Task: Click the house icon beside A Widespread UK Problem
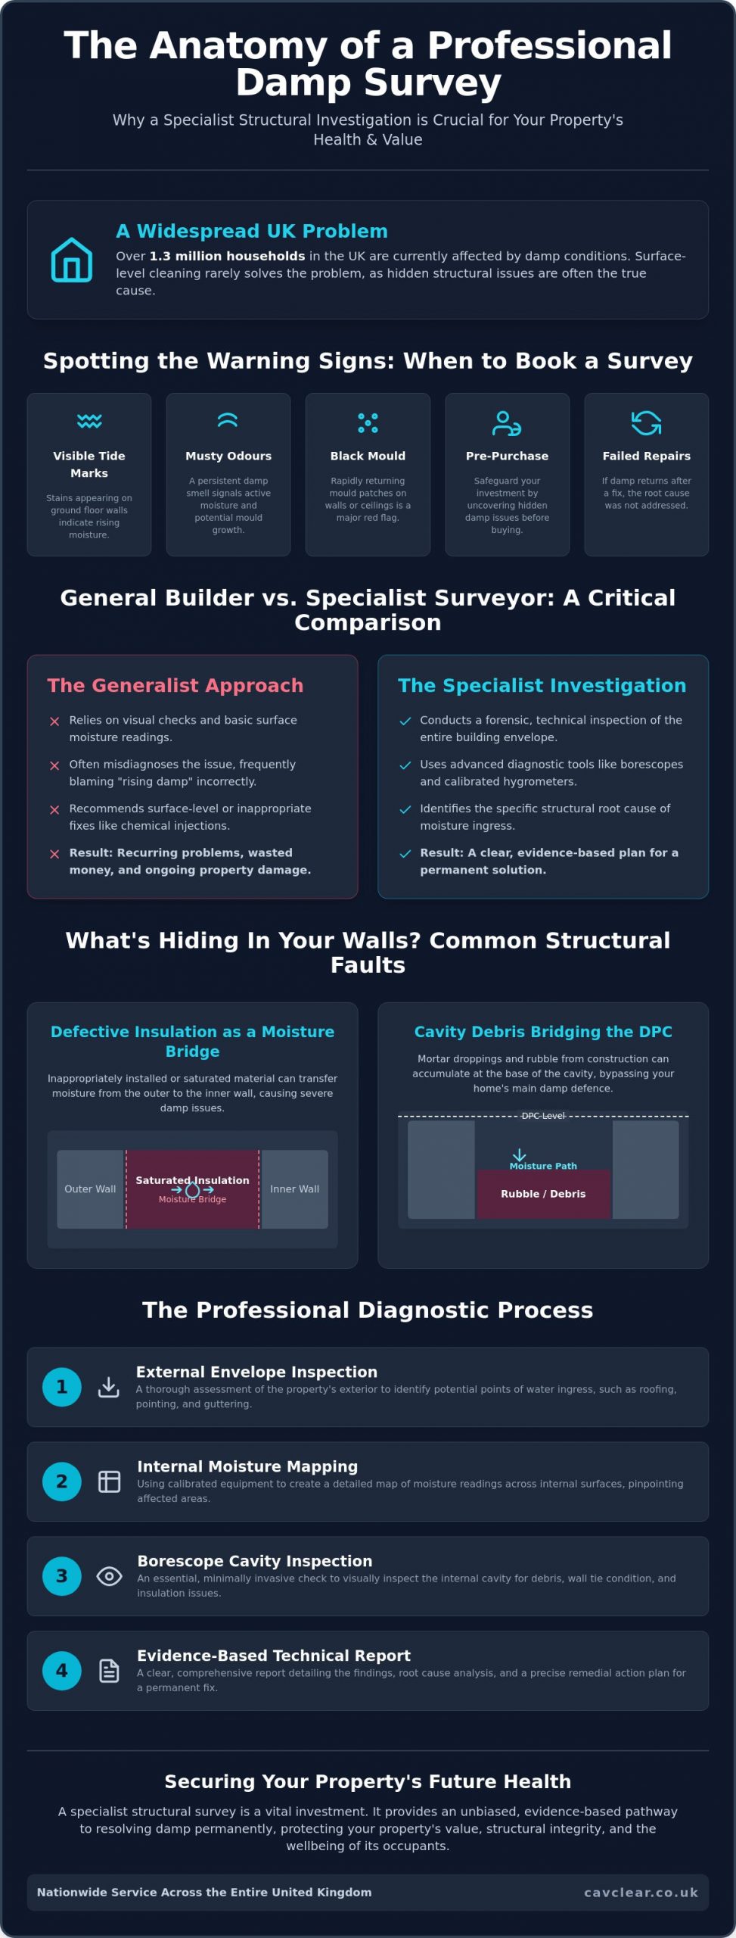pos(72,260)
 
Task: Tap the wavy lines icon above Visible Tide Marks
pos(89,421)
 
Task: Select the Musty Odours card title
pos(228,456)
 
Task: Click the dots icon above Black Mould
pos(368,422)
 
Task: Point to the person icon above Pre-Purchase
pos(507,423)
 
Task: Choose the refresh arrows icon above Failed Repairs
pos(646,423)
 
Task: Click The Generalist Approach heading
pos(175,685)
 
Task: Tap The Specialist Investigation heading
pos(542,685)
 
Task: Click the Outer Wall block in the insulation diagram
pos(91,1189)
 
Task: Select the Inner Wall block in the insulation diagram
pos(294,1189)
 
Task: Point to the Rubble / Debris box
pos(543,1194)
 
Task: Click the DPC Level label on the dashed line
pos(543,1116)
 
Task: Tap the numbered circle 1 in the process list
pos(62,1387)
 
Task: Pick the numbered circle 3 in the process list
pos(62,1576)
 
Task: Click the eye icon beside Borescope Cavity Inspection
pos(110,1576)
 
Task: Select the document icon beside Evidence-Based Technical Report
pos(110,1671)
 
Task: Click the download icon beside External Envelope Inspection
pos(109,1387)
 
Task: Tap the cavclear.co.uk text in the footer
pos(641,1892)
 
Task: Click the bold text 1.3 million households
pos(228,256)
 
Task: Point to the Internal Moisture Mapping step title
pos(247,1466)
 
